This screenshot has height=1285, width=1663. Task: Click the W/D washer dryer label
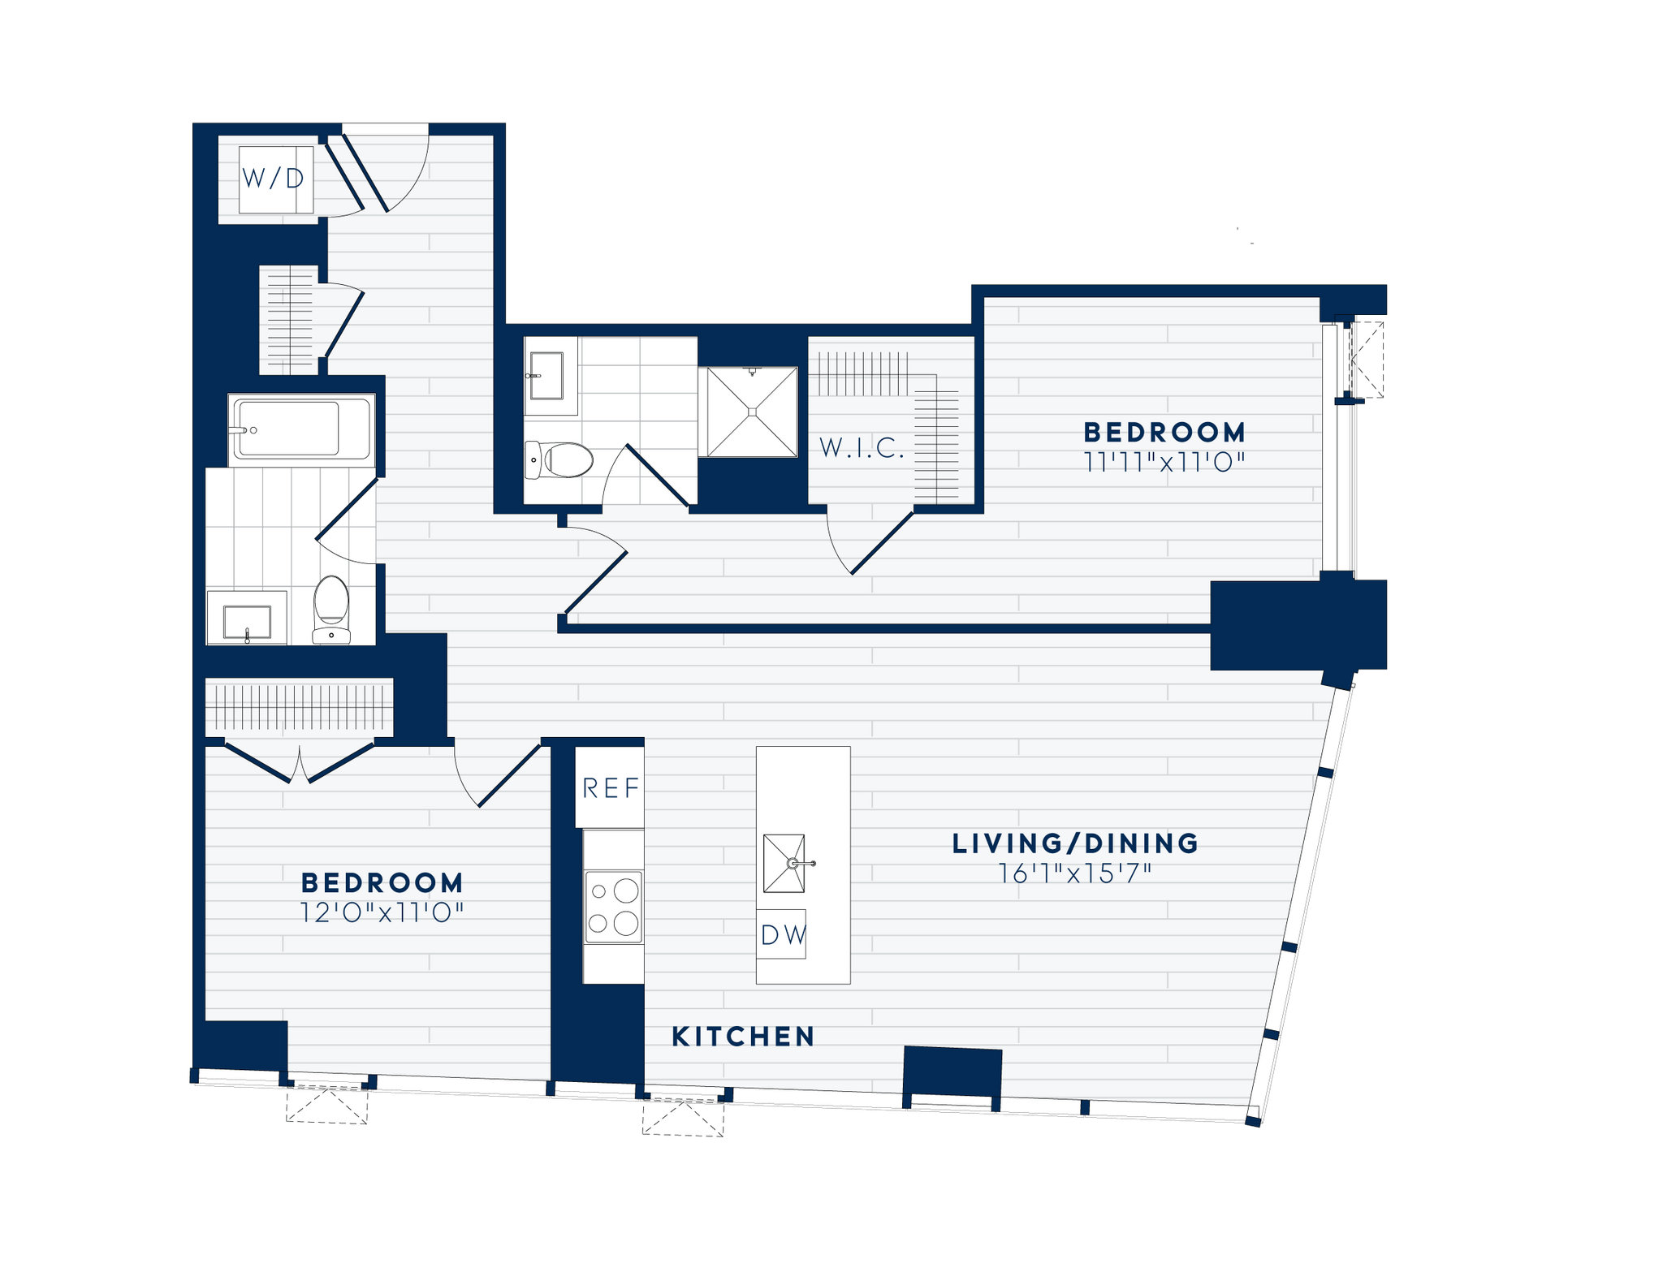coord(274,179)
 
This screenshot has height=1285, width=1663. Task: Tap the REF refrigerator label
coord(611,787)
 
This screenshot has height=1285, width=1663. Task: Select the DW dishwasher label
coord(783,935)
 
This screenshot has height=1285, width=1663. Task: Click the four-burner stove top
coord(614,907)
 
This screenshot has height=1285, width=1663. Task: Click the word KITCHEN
coord(743,1037)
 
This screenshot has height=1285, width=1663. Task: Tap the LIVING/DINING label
coord(1075,843)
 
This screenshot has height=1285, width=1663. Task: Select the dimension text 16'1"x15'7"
coord(1075,874)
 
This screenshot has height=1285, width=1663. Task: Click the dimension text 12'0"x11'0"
coord(382,913)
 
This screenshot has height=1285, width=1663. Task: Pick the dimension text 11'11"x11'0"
coord(1164,463)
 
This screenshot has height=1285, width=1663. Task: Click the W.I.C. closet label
coord(862,448)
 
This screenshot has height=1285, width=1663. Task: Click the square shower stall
coord(752,412)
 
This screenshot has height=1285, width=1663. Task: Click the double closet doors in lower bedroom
coord(300,763)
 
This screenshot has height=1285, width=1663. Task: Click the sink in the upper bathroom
coord(546,375)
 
